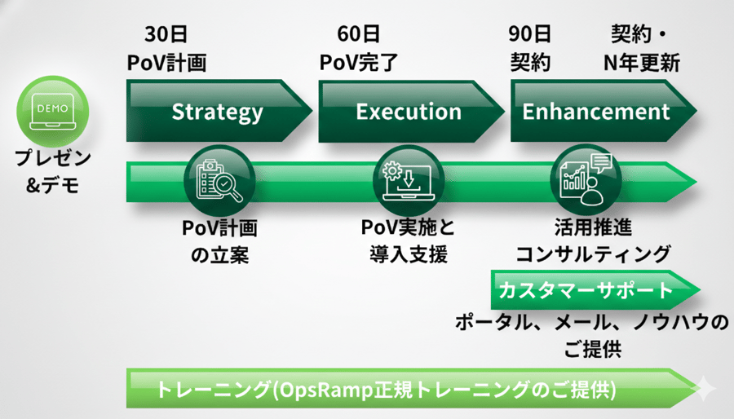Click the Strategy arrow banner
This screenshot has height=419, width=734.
click(217, 111)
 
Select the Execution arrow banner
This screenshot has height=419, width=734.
click(408, 111)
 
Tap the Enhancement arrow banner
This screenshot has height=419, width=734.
click(596, 111)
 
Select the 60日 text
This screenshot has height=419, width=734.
click(358, 35)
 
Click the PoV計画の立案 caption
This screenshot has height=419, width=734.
click(219, 241)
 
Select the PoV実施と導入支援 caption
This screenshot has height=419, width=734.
click(408, 241)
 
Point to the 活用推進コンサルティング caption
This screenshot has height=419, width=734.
click(593, 241)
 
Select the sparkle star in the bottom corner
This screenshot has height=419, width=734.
click(703, 390)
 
